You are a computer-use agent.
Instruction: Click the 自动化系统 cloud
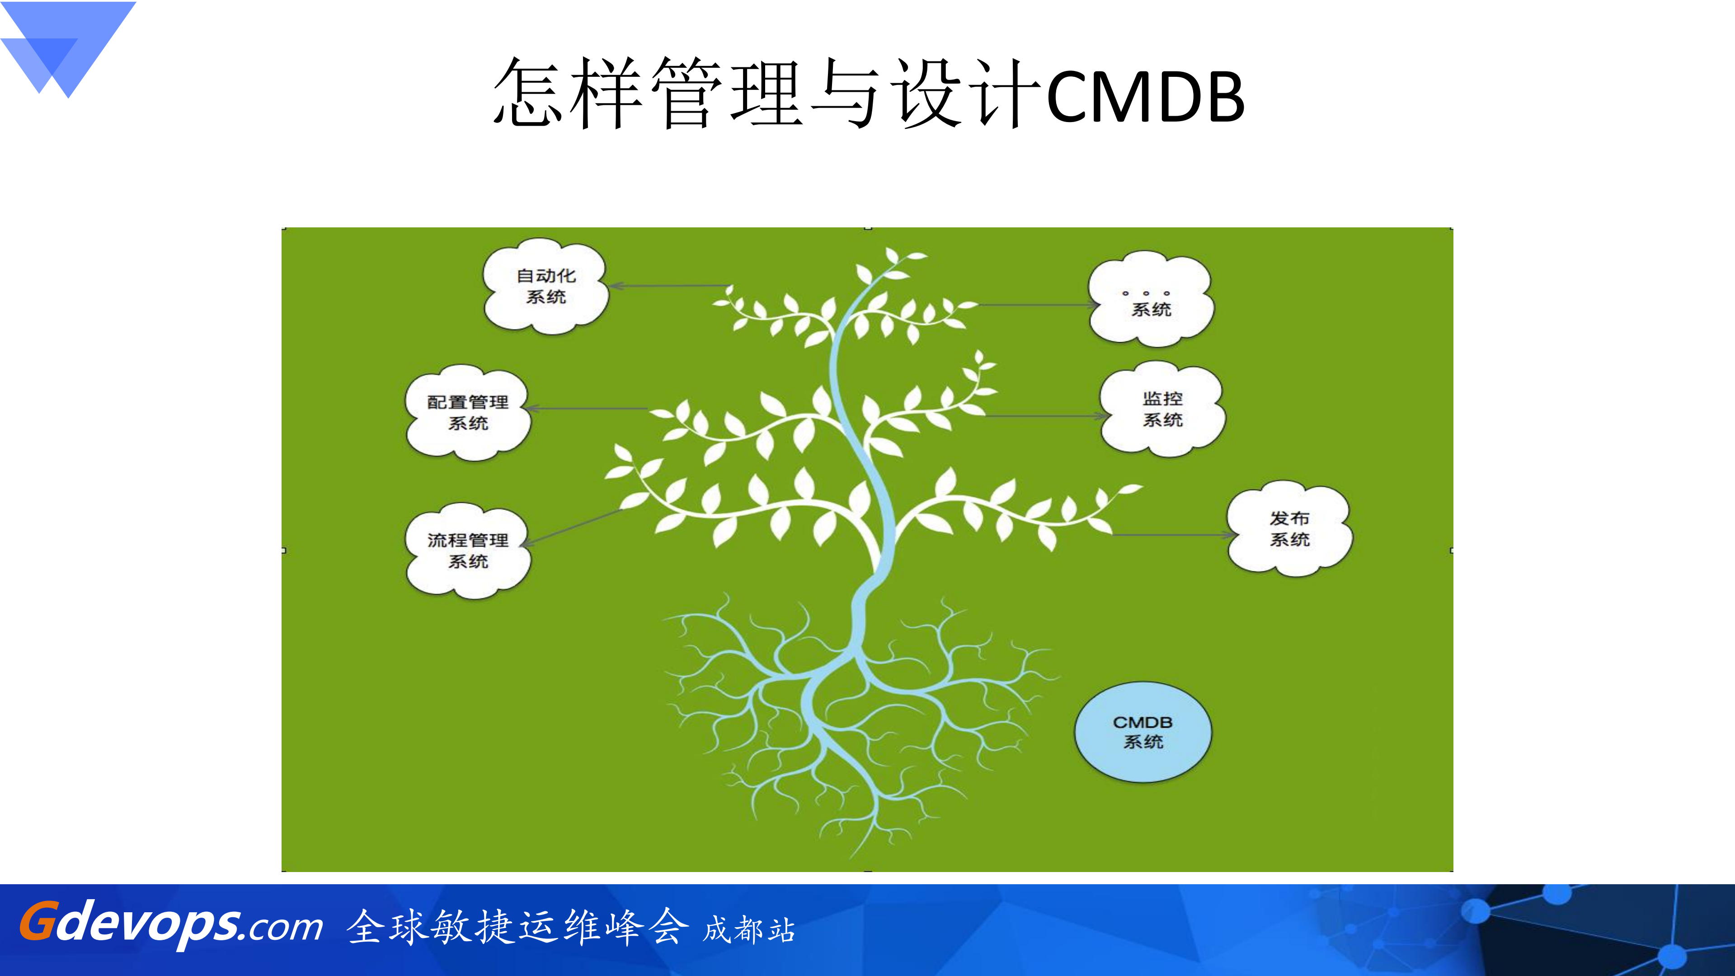545,286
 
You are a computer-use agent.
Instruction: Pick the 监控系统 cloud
1162,409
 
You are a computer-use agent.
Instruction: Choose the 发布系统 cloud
1289,529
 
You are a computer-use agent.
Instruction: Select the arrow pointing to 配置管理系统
586,408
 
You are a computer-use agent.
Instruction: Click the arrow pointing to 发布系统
1172,535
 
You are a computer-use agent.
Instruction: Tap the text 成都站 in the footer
749,929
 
